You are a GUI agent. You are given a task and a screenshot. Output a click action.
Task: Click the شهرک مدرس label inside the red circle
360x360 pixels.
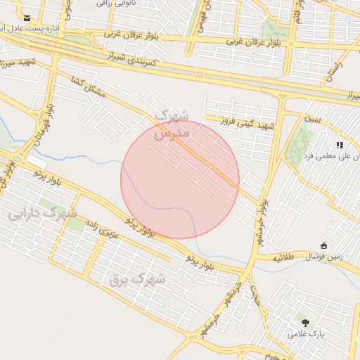coord(172,123)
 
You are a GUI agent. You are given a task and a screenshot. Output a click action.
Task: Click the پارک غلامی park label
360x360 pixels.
coord(304,335)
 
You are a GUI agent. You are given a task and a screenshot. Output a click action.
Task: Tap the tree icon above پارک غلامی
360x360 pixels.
coord(304,321)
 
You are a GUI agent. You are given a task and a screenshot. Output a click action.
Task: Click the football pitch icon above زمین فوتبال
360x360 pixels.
coord(323,245)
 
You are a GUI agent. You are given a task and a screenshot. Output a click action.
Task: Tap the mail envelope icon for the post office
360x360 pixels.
coord(27,18)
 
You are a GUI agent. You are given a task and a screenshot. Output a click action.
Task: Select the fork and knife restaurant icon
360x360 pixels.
coord(339,145)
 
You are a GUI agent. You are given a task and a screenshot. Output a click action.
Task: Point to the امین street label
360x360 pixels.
coord(312,120)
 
